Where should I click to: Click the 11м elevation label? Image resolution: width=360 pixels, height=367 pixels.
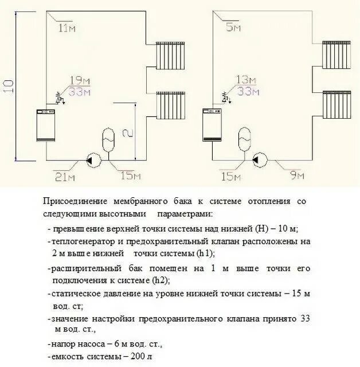(66, 28)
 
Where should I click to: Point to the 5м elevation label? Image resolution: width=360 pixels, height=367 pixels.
(232, 27)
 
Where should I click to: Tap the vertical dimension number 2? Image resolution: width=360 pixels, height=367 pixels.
(129, 132)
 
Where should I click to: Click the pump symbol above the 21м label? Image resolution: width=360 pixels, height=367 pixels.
(91, 161)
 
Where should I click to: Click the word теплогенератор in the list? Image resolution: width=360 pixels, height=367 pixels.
(82, 241)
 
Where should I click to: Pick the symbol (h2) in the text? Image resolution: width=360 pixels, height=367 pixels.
(161, 280)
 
